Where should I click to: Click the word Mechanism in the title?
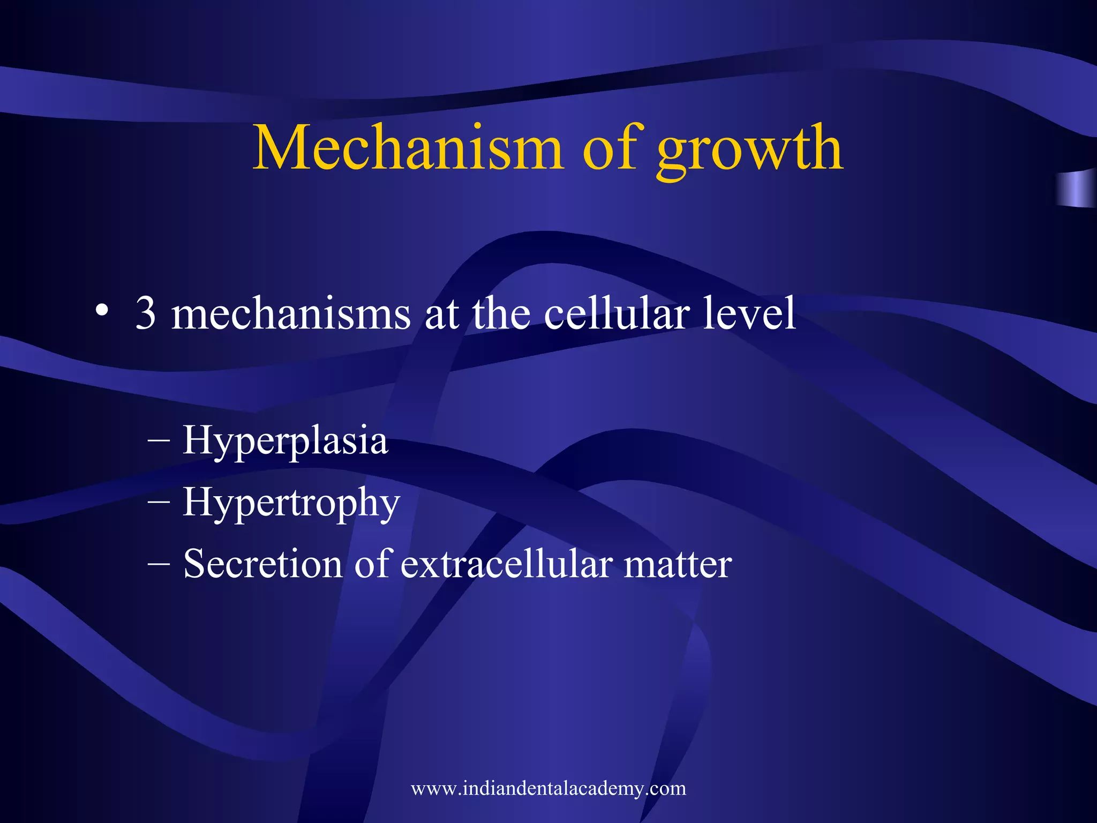408,147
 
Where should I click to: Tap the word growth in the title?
750,150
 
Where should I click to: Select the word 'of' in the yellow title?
610,147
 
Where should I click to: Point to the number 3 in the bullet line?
145,313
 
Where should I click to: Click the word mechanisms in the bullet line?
291,313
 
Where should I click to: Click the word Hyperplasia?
285,441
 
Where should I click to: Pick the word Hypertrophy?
291,503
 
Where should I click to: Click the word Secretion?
262,564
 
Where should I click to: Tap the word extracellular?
506,564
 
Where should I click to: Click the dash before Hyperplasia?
159,440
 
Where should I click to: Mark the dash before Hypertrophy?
159,502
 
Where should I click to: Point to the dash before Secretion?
159,564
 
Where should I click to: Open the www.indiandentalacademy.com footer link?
548,788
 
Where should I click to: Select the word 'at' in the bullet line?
441,315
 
